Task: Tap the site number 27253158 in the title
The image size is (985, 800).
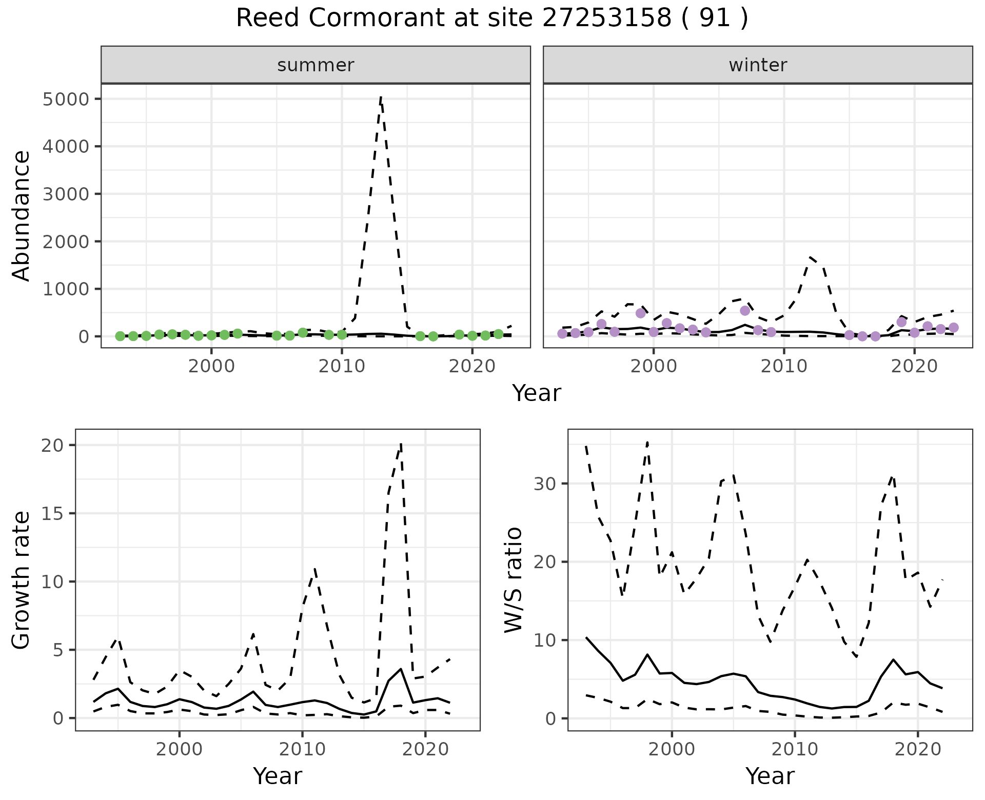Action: [607, 18]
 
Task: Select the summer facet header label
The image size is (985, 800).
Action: [316, 65]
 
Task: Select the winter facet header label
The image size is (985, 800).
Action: [758, 65]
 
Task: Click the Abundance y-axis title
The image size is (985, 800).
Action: [22, 215]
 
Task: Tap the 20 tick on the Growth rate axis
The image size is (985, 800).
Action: [52, 445]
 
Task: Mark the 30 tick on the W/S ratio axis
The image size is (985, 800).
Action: [545, 484]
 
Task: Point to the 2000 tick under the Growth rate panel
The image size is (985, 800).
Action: [179, 749]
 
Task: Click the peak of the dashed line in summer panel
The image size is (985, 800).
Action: [381, 97]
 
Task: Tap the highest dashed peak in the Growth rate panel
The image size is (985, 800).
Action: [401, 443]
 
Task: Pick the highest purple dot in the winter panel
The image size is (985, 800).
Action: [745, 310]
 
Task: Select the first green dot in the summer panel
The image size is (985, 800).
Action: [120, 336]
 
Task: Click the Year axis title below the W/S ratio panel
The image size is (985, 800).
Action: [770, 776]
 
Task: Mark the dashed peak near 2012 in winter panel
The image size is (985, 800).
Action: [810, 257]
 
